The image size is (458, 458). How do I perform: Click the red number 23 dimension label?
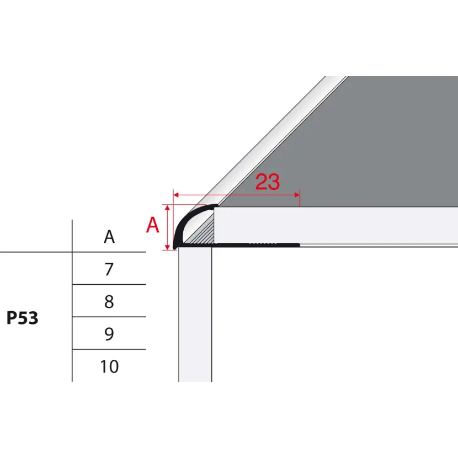coord(268,182)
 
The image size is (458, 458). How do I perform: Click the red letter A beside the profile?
coord(152,225)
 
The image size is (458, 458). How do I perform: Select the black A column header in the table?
coord(109,237)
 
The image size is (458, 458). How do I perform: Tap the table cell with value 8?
coord(109,301)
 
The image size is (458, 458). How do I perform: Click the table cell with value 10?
coord(109,366)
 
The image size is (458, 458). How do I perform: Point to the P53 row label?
coord(23,318)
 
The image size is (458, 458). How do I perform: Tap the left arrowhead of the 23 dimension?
coord(176,195)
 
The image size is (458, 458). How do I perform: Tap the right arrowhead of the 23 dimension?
coord(297,195)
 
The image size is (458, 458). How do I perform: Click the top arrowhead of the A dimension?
coord(167,207)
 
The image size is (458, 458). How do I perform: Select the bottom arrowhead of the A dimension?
coord(167,247)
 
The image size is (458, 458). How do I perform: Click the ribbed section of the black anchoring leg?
coord(263,244)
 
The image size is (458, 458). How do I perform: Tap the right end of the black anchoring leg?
coord(299,245)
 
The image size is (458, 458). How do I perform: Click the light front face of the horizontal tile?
coord(336,225)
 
